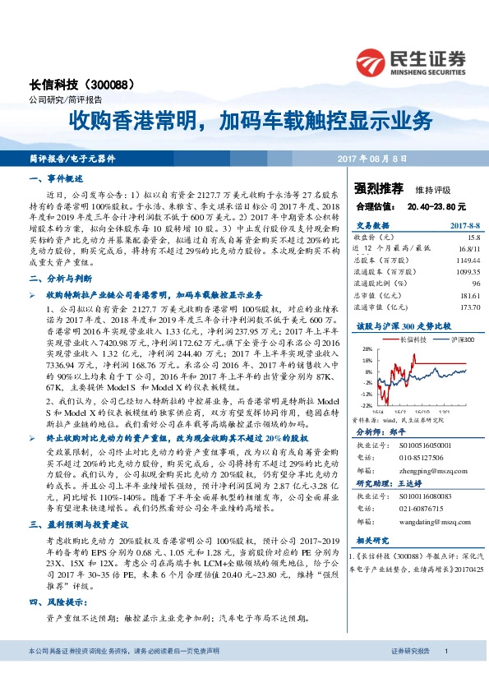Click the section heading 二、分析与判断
[62, 279]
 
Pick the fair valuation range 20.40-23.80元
[436, 205]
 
